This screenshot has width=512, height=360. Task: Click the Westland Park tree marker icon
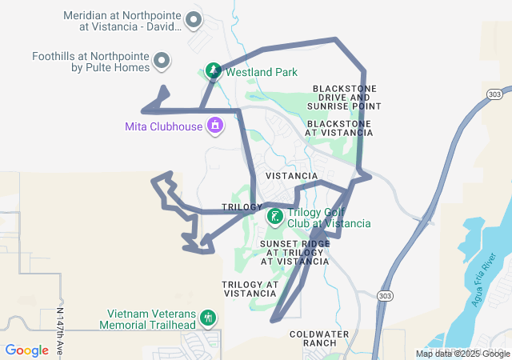[x=213, y=72]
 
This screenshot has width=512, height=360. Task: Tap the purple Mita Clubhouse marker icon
[x=215, y=126]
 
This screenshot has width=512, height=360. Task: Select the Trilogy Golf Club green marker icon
[x=274, y=217]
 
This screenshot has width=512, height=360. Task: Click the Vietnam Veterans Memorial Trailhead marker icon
[x=208, y=318]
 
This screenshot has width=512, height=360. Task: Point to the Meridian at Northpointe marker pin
[x=193, y=19]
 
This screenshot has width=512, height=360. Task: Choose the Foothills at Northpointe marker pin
[x=162, y=61]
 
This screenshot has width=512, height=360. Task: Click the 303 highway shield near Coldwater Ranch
[x=385, y=295]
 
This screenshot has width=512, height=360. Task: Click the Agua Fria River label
[x=486, y=279]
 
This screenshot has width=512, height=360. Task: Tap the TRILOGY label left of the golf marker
[x=242, y=207]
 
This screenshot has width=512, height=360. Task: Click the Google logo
[x=26, y=350]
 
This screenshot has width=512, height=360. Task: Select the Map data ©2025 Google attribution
[x=462, y=354]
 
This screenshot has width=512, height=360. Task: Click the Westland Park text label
[x=262, y=72]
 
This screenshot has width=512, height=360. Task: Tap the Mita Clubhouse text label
[x=164, y=126]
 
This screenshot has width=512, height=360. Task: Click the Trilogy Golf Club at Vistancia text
[x=329, y=218]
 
